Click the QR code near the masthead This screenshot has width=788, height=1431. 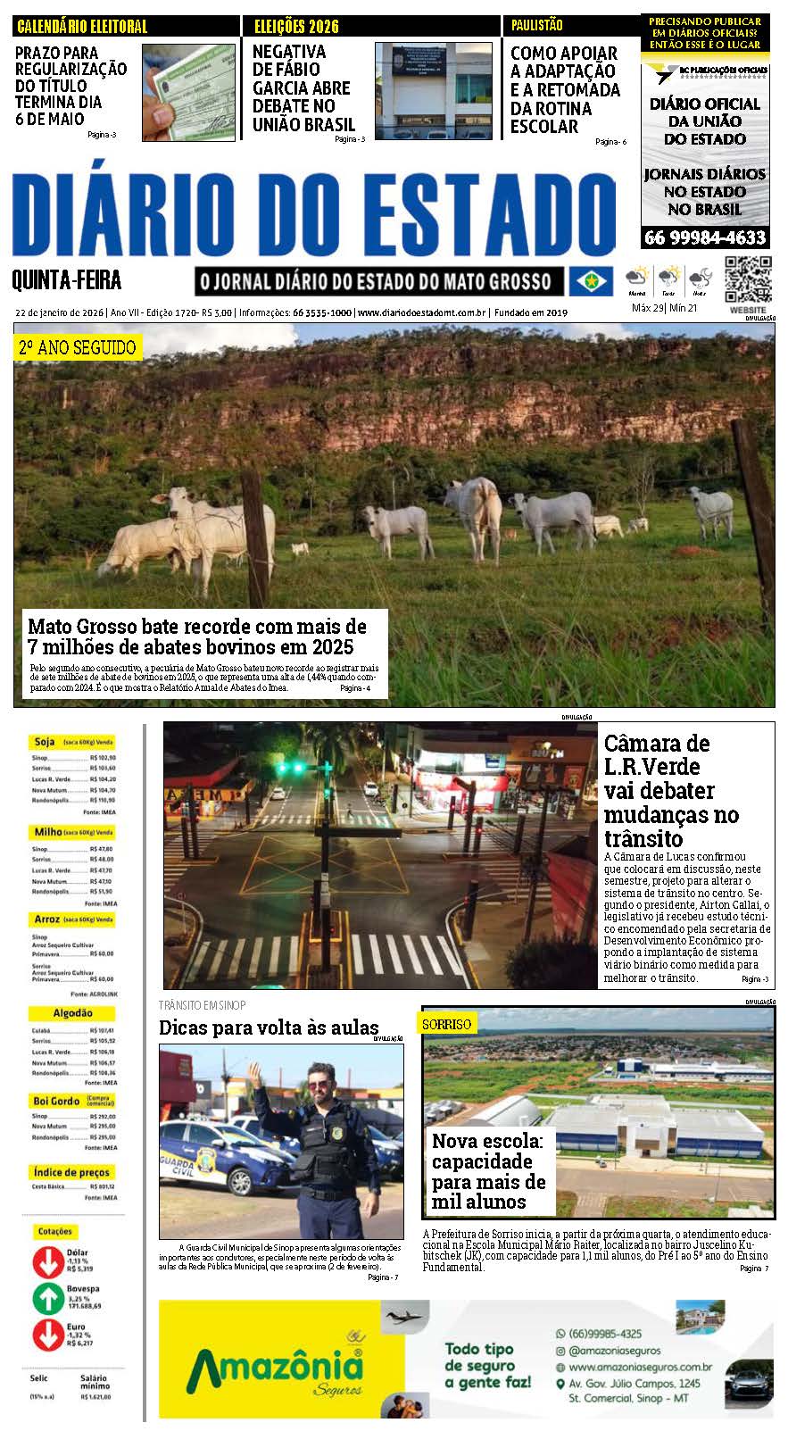click(747, 279)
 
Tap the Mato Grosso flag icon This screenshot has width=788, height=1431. click(591, 281)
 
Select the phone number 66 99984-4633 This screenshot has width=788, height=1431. click(705, 237)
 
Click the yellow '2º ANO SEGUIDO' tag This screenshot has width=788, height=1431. click(77, 347)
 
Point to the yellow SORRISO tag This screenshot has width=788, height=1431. click(447, 1024)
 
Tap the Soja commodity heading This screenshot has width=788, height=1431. click(45, 742)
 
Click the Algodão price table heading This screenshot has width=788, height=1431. click(72, 1013)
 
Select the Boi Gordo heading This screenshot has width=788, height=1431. click(57, 1102)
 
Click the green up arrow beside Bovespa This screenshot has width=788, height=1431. click(47, 1298)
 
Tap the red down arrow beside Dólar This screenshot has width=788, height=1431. click(47, 1261)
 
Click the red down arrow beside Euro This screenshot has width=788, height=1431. click(47, 1335)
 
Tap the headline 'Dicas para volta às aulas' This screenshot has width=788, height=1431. click(269, 1027)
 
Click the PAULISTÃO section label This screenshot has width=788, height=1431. click(537, 26)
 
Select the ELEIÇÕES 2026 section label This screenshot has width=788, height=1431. click(296, 27)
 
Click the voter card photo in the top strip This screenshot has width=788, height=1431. click(182, 91)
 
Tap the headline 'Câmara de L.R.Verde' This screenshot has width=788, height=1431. click(657, 755)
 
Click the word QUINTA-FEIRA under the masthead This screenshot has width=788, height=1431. click(67, 282)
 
